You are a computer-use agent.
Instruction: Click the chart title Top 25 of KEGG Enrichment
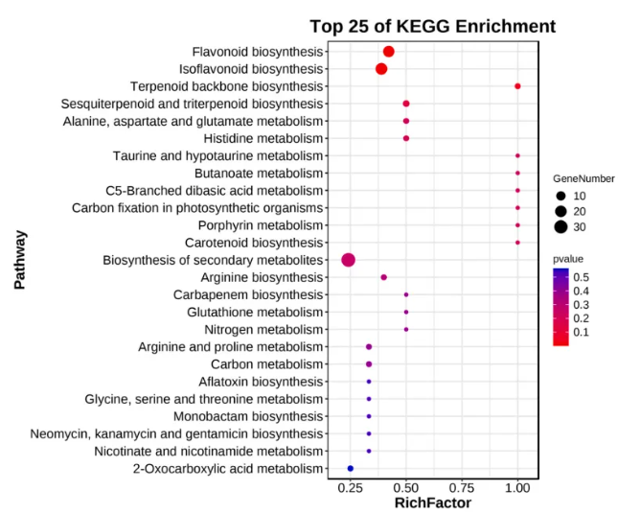click(431, 26)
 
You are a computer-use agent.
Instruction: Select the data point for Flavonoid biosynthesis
click(389, 52)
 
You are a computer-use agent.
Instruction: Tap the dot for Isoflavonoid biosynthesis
click(381, 69)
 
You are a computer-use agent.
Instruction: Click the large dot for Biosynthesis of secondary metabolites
click(349, 260)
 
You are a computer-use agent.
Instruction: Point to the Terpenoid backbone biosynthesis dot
click(517, 86)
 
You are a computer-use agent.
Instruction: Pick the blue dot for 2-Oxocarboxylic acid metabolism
click(351, 468)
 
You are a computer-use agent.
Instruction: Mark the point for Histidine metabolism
click(406, 138)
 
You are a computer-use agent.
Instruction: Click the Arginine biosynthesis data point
click(384, 277)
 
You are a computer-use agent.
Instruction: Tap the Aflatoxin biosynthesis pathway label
click(250, 382)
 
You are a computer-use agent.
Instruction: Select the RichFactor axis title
click(433, 503)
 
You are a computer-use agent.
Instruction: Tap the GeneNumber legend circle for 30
click(560, 227)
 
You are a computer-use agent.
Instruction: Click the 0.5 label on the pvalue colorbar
click(581, 276)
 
